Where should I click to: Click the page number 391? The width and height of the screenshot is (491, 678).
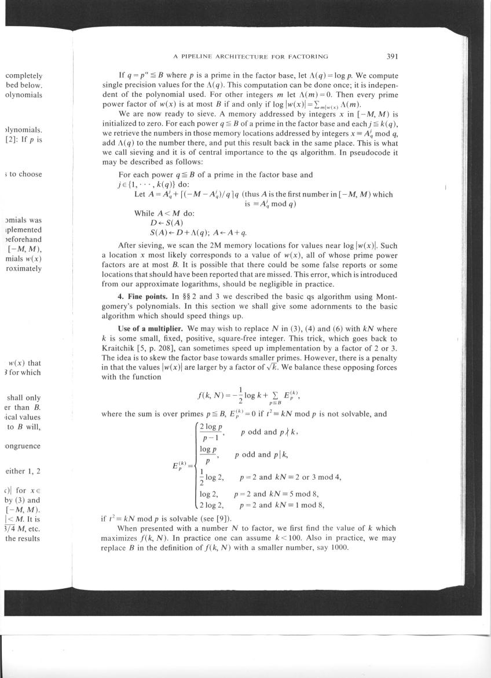click(392, 56)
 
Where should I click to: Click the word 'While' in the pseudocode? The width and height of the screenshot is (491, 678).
click(145, 213)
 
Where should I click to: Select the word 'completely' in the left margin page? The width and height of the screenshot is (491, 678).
click(24, 75)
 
